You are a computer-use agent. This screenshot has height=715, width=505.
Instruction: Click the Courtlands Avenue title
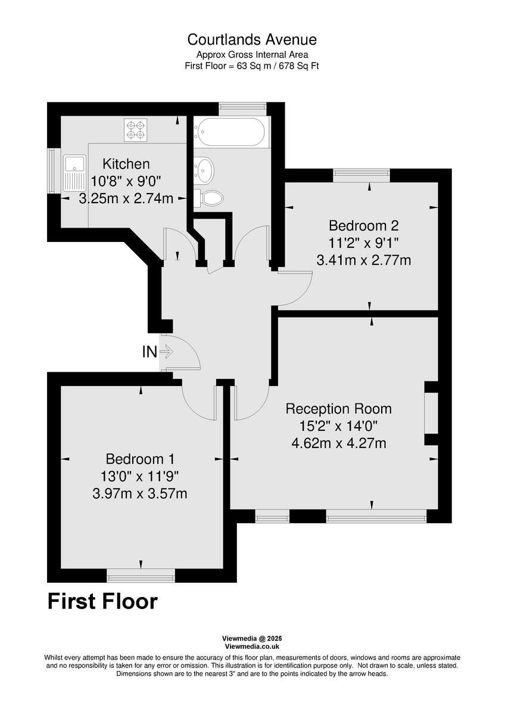coord(252,40)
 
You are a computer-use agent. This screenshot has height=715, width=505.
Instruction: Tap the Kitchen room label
coord(126,164)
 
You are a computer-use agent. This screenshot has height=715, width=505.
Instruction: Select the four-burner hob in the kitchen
coord(135,130)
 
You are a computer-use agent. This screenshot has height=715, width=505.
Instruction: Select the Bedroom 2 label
coord(363,226)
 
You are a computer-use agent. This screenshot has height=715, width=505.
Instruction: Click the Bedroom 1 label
coord(140,459)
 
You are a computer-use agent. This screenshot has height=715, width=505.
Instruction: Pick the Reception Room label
coord(338,409)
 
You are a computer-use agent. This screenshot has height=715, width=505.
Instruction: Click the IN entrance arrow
coord(167,352)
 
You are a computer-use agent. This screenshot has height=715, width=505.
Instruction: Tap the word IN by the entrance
coord(149,352)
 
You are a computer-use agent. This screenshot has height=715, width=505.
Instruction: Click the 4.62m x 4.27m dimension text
coord(338,443)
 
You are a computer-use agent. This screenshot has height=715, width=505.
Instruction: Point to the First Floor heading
coord(102,602)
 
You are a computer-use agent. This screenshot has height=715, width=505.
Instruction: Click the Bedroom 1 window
coord(141,575)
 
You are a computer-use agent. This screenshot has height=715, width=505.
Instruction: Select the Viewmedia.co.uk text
coord(252,646)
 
